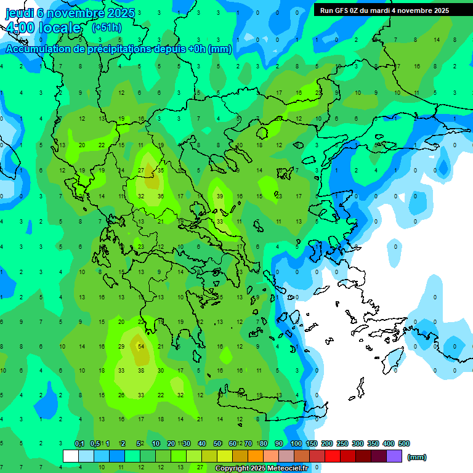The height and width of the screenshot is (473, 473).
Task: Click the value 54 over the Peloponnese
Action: (141, 346)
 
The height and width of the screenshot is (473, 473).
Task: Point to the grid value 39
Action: (220, 196)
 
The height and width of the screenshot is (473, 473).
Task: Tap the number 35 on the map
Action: (161, 170)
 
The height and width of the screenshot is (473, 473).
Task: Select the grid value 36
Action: (161, 196)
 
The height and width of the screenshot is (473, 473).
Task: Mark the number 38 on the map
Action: (141, 371)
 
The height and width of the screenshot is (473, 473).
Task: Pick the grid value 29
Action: (121, 346)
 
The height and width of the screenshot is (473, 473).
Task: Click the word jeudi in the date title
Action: (20, 12)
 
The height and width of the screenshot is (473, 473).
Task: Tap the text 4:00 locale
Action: (43, 28)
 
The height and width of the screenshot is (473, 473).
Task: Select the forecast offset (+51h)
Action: (107, 28)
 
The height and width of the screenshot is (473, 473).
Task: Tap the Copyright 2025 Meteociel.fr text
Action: (261, 468)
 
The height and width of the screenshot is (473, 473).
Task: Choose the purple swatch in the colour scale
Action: (394, 456)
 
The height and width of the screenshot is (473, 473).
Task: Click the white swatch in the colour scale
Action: (71, 456)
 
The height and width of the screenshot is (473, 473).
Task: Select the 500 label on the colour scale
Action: (403, 443)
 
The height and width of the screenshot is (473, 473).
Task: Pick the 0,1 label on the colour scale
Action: (79, 443)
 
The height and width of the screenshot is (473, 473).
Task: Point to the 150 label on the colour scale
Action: (312, 443)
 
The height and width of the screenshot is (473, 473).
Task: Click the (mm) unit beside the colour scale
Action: (417, 457)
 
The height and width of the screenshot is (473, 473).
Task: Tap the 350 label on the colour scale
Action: (373, 443)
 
